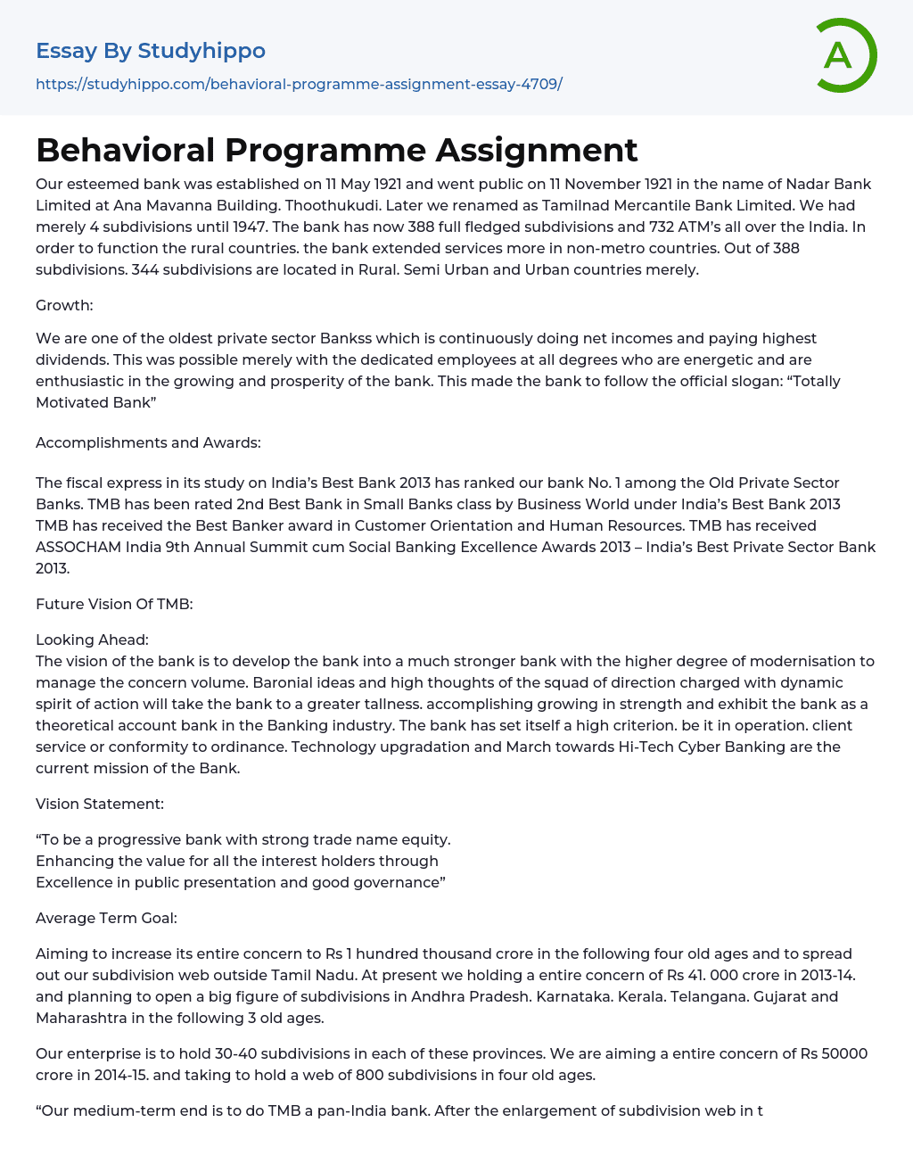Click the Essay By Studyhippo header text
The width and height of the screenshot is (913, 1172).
(x=151, y=51)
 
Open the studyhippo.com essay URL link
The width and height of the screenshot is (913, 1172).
(x=299, y=84)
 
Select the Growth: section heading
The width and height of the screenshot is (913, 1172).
(x=64, y=305)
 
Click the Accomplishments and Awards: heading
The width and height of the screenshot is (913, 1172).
(x=148, y=442)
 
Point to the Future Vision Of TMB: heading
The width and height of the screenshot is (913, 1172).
(x=114, y=604)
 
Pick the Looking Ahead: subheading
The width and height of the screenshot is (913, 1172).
(x=92, y=640)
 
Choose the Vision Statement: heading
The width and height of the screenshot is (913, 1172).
(x=100, y=804)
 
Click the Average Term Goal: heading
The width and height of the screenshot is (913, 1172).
(x=106, y=918)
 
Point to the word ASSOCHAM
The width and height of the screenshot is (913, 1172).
(x=78, y=547)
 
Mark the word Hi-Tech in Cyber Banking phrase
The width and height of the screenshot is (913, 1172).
(x=646, y=747)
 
